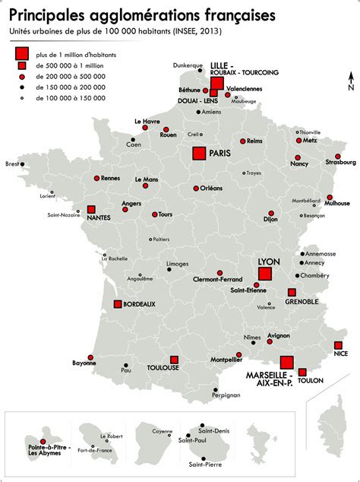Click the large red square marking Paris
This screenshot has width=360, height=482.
point(199,153)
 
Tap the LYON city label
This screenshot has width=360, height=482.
point(269,261)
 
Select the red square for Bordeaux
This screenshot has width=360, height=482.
point(118,304)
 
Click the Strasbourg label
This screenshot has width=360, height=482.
point(340,162)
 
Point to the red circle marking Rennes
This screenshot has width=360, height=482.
point(96,178)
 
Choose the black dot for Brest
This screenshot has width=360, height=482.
point(21,163)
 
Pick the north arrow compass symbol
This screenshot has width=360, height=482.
point(350,80)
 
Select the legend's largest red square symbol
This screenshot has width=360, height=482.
point(22,54)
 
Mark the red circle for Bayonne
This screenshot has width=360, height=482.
point(90,357)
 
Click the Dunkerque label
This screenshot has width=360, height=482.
point(188,65)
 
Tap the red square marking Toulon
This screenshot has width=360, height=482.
point(302,372)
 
